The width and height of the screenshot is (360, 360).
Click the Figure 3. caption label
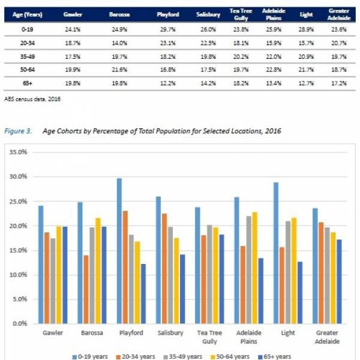pyautogui.click(x=23, y=130)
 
